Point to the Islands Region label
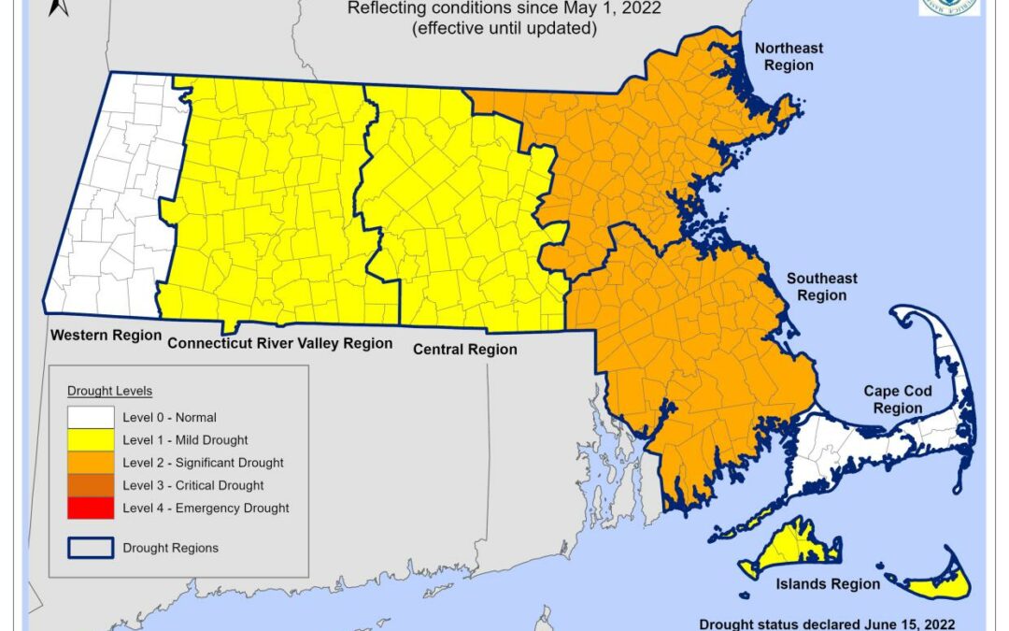coord(829,583)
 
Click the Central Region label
coord(465,350)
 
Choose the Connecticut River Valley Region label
coord(279,343)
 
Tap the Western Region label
coord(106,335)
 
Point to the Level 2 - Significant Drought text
coord(203,463)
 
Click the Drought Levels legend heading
coord(109,390)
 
